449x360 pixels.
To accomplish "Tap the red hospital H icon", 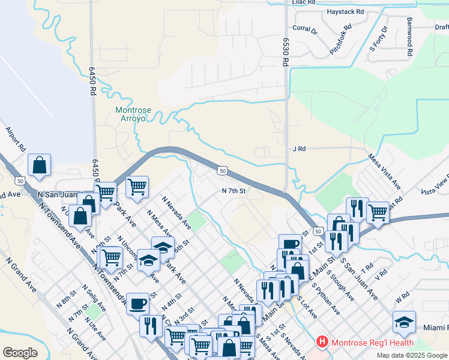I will pyautogui.click(x=323, y=343).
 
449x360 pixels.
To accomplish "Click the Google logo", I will pyautogui.click(x=20, y=352).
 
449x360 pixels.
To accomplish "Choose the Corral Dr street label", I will pyautogui.click(x=305, y=28).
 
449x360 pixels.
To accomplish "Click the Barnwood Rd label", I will pyautogui.click(x=409, y=36).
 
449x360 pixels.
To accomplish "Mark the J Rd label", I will pyautogui.click(x=299, y=149).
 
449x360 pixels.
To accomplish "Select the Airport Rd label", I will pyautogui.click(x=16, y=139).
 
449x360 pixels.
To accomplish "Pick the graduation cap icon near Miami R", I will pyautogui.click(x=404, y=322).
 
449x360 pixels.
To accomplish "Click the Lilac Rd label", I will pyautogui.click(x=303, y=2).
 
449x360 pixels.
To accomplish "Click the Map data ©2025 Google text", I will pyautogui.click(x=411, y=355).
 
